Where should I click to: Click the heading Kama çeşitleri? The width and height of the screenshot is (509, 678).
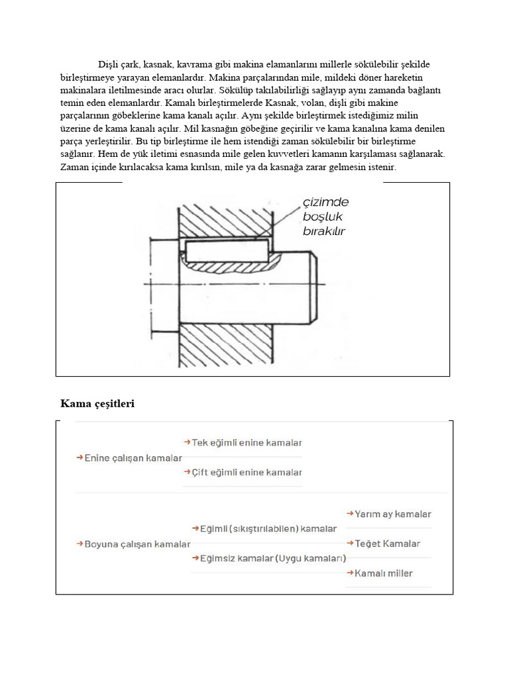tap(97, 403)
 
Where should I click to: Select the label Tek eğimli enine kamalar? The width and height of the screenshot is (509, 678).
tap(243, 442)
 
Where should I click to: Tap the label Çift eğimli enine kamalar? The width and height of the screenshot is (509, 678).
tap(243, 472)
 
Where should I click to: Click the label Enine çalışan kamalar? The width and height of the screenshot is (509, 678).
tap(129, 458)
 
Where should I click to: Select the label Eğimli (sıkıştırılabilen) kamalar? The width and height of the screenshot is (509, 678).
tap(264, 528)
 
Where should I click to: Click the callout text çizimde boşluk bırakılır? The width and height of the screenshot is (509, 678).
tap(325, 217)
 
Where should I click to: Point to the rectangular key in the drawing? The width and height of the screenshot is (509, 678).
tap(226, 251)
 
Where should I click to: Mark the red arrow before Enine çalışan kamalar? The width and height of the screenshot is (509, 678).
tap(80, 458)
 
